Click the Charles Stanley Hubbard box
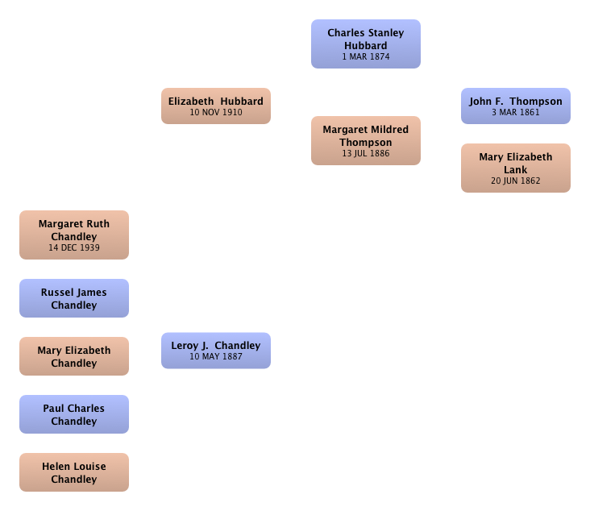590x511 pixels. point(366,44)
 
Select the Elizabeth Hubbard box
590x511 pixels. point(216,106)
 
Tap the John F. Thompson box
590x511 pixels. point(516,106)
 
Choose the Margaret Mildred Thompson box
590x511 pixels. point(366,140)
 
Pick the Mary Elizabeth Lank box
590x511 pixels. point(516,168)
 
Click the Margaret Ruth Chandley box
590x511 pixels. point(74,235)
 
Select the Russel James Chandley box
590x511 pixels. point(74,298)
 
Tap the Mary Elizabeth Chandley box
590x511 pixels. point(74,356)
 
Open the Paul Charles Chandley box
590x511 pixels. point(74,414)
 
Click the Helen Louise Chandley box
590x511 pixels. point(74,472)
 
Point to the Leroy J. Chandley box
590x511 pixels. point(216,351)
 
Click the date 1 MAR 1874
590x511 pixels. point(366,56)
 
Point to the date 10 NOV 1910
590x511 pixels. point(216,112)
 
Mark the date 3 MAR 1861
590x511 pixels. point(516,112)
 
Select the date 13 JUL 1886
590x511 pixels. point(366,153)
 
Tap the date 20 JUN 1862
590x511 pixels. point(516,181)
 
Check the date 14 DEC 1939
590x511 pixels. point(74,247)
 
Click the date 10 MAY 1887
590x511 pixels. point(216,356)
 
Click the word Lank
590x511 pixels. point(516,170)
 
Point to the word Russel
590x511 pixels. point(56,293)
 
